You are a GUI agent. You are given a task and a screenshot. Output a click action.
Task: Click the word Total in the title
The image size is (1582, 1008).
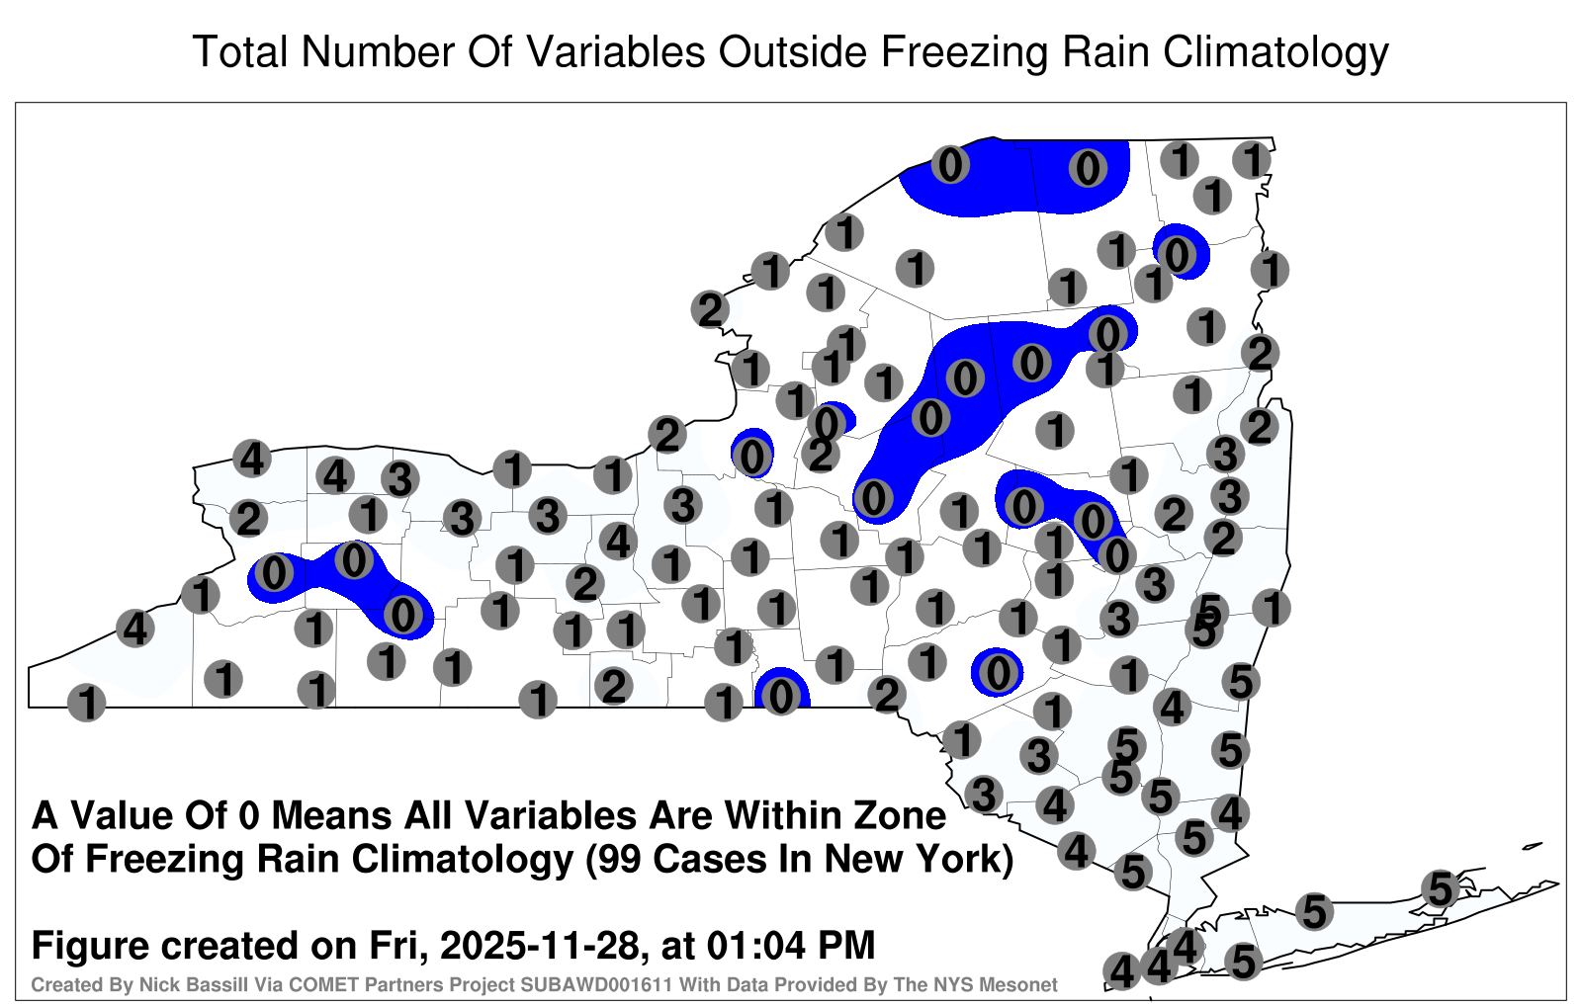[240, 51]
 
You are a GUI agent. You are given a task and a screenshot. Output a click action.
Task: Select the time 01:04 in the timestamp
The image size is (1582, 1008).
[755, 945]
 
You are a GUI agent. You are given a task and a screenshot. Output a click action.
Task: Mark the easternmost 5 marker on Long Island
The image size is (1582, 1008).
[1440, 888]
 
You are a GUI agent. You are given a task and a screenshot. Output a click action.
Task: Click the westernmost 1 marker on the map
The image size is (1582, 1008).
[87, 703]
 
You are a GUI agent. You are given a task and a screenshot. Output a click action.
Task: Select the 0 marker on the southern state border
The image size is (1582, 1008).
[780, 698]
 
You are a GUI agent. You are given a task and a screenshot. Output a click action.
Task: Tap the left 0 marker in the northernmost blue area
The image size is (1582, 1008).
[950, 165]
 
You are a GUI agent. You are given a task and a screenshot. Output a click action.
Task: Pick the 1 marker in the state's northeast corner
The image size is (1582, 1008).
[1252, 160]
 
